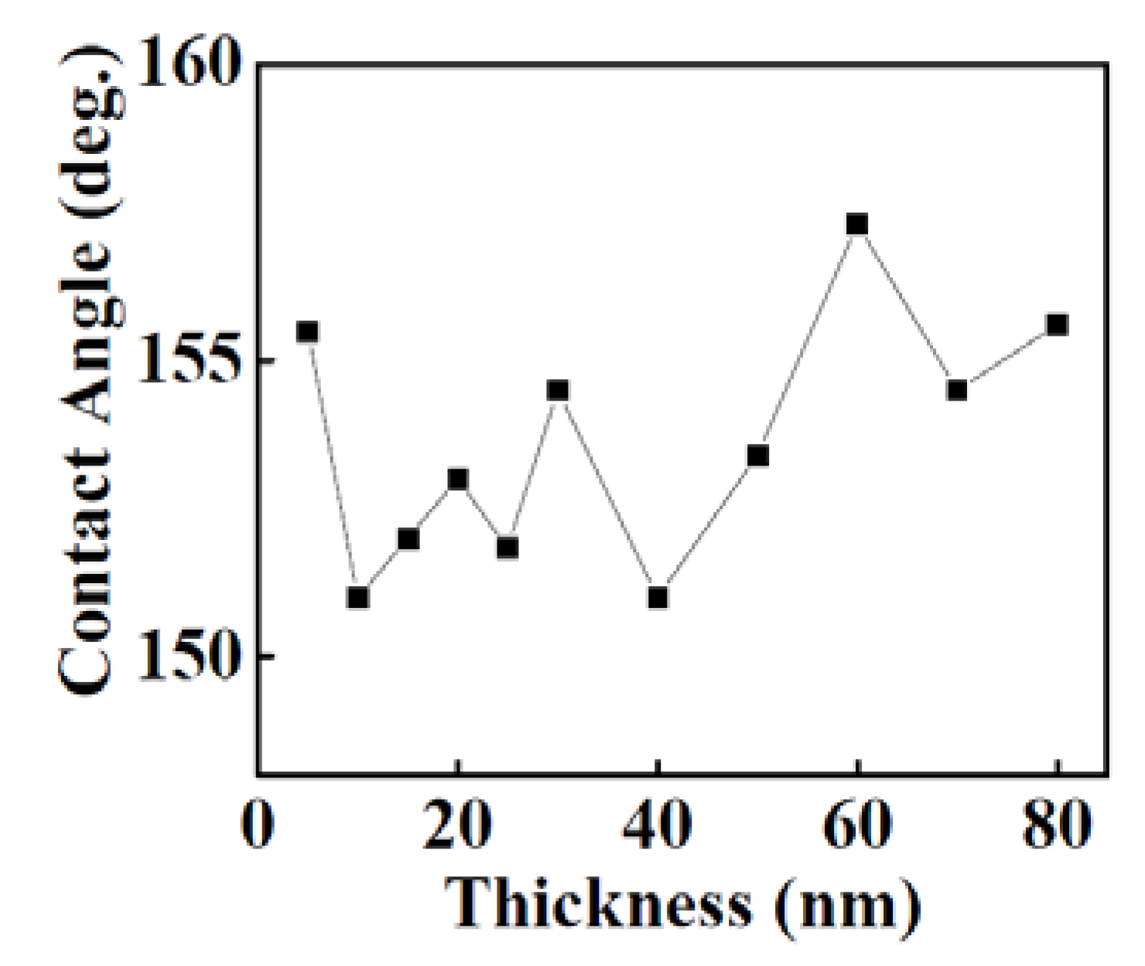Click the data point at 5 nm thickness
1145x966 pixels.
click(308, 332)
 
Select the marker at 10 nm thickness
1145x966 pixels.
click(357, 597)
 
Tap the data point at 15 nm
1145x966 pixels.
click(408, 538)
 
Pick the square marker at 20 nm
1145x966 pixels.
click(458, 480)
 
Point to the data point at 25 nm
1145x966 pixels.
click(508, 548)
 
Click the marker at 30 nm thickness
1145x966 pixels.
click(558, 390)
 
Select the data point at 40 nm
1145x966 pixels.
click(658, 597)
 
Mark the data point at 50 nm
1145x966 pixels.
click(757, 456)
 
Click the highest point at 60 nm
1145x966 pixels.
click(857, 224)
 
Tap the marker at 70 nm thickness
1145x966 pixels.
click(957, 390)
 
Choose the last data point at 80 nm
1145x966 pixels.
click(1057, 324)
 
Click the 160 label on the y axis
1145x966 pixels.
click(186, 65)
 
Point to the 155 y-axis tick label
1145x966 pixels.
click(186, 361)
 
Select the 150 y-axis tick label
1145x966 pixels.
click(186, 657)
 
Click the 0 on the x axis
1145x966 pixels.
click(258, 824)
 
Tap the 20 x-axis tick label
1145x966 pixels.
click(457, 824)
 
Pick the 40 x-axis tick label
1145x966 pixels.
click(657, 824)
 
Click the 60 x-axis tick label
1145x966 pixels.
click(856, 824)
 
